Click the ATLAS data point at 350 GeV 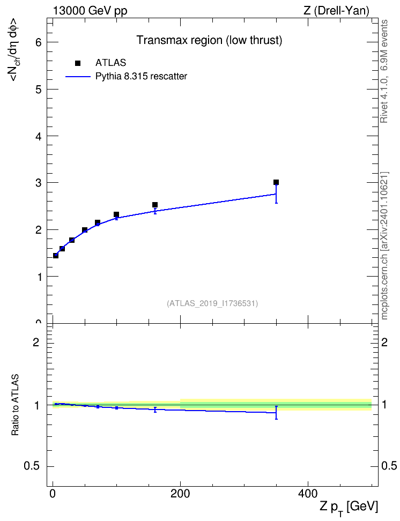coord(276,182)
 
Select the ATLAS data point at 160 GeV coord(154,205)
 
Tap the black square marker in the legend coord(78,63)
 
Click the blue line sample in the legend coord(78,77)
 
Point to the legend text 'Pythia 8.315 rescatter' coord(142,77)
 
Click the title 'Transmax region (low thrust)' coord(210,40)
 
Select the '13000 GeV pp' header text coord(90,11)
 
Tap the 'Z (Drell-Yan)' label coord(336,11)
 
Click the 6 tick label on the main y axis coord(39,42)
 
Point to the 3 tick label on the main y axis coord(39,183)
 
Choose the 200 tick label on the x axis coord(180,494)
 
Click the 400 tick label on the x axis coord(308,494)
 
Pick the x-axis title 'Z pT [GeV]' coord(349,507)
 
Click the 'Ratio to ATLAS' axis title coord(15,405)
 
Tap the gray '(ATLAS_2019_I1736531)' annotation coord(212,303)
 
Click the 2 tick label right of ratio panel coord(384,342)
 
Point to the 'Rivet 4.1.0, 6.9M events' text coord(384,71)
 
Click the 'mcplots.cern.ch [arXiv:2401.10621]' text coord(384,245)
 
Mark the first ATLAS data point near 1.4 coord(56,256)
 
